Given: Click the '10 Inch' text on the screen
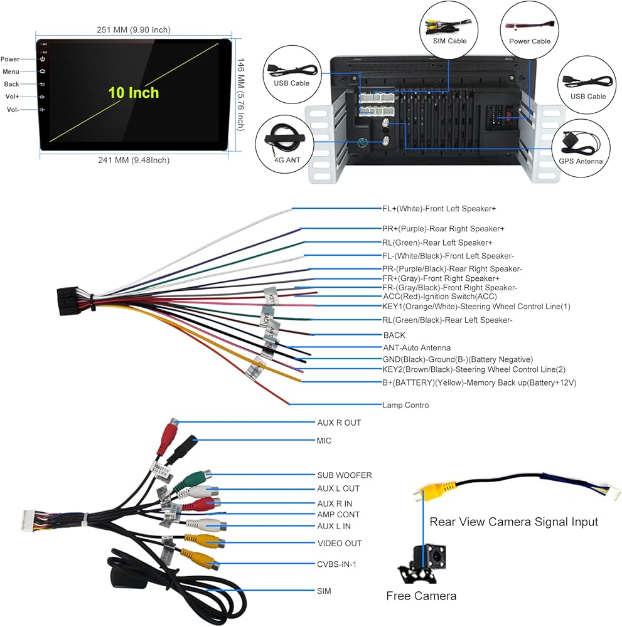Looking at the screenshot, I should pos(134,93).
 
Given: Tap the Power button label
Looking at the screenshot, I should pos(11,60).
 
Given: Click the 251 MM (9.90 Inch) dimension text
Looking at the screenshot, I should pos(134,29).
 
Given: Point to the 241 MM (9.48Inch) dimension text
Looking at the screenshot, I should pos(133,160).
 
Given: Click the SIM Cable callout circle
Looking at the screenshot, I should pos(449,29).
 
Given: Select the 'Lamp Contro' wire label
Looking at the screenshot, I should pos(405,405).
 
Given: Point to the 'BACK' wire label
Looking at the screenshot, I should pos(394,335).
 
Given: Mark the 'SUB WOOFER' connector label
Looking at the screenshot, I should pos(344,475).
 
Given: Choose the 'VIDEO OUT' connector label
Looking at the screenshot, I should pos(339,543).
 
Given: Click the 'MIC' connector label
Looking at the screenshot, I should pos(324,441).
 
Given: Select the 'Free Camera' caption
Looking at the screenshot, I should pos(421,596).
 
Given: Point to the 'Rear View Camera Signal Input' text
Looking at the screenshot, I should pos(513,522).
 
